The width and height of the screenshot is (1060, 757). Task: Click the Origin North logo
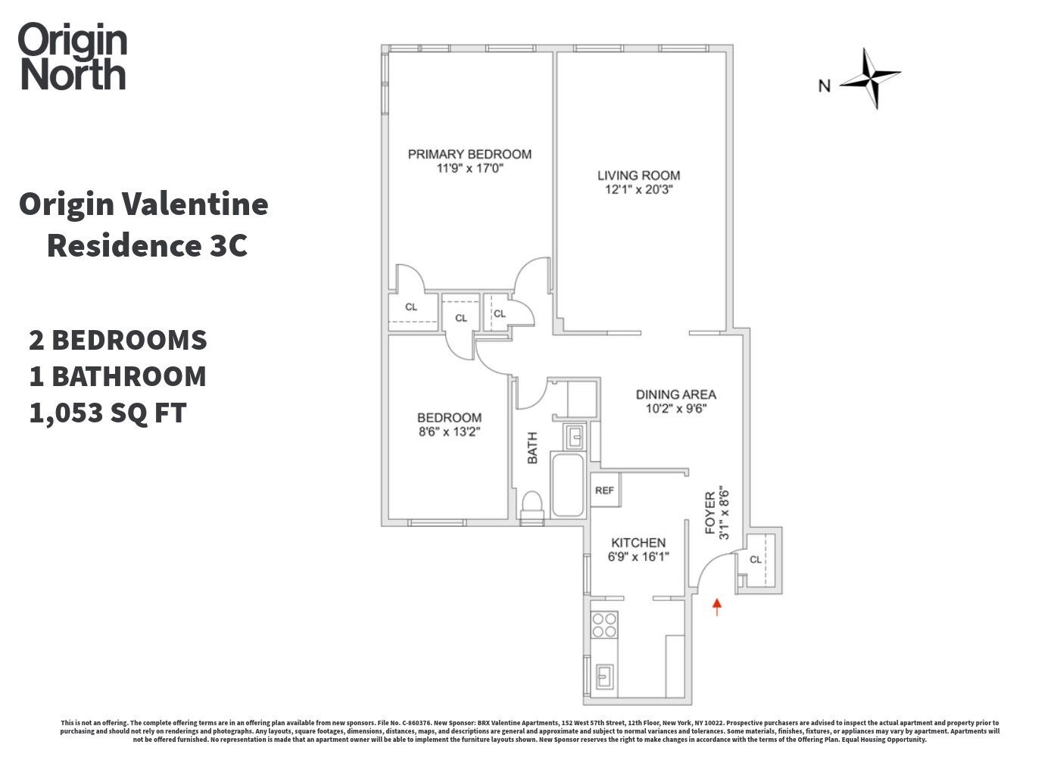(x=73, y=57)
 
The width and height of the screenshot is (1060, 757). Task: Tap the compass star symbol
(x=871, y=77)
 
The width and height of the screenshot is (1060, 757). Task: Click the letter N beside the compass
(x=824, y=86)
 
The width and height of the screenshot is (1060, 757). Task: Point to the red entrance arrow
(x=717, y=606)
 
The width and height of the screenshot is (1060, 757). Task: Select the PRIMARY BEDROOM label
(x=469, y=154)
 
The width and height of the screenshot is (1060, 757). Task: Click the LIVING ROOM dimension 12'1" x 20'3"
(x=638, y=190)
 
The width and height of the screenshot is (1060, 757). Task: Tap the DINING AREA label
(x=675, y=394)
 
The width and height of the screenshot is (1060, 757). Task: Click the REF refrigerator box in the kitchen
(x=605, y=491)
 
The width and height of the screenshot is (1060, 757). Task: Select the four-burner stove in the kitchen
(x=604, y=625)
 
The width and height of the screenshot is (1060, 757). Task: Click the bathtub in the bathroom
(x=567, y=484)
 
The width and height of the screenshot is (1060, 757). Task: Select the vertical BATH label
(x=532, y=448)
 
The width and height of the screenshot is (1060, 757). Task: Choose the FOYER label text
(x=710, y=513)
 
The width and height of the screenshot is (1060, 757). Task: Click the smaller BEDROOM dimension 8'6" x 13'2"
(x=449, y=432)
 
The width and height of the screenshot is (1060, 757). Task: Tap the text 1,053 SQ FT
(x=108, y=413)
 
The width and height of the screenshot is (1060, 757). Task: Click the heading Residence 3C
(x=147, y=245)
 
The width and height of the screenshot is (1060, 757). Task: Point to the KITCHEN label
(x=638, y=543)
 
